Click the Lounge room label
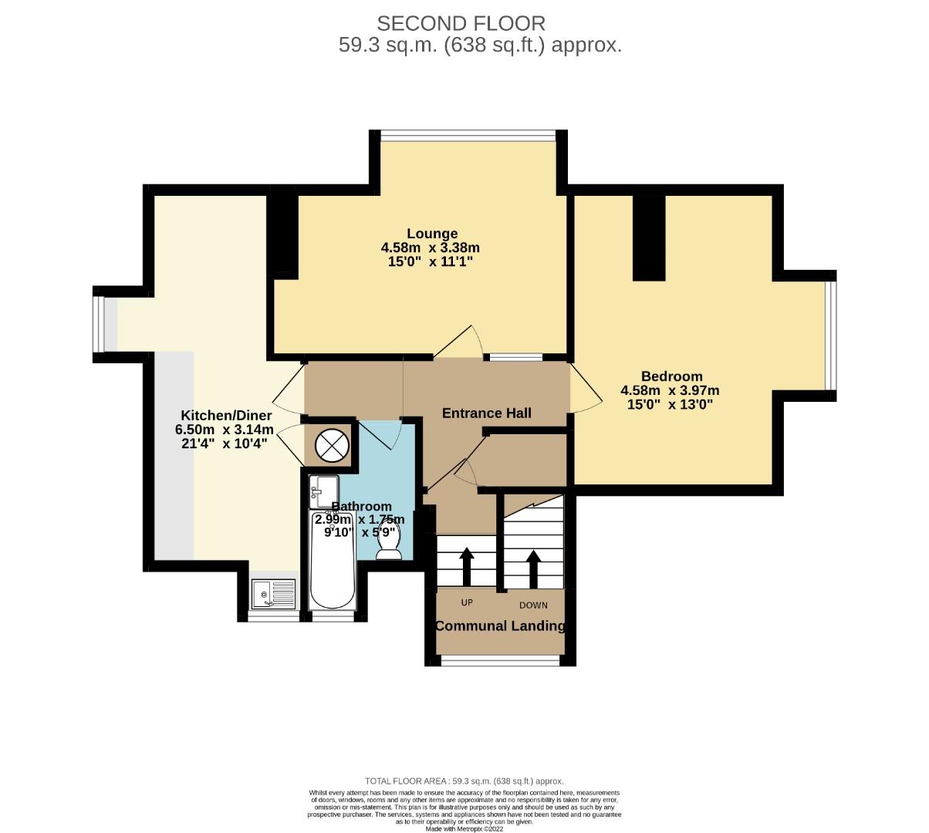click(x=432, y=234)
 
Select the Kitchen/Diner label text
click(x=225, y=415)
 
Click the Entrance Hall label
click(x=486, y=413)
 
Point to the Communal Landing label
click(x=500, y=626)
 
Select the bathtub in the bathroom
click(x=333, y=562)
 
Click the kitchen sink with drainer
click(x=273, y=595)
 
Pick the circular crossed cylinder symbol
click(x=331, y=446)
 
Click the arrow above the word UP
click(x=466, y=566)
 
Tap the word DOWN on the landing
click(x=533, y=605)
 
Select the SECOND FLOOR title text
click(x=461, y=23)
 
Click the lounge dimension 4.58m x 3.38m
click(x=431, y=248)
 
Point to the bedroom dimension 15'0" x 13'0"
click(x=670, y=403)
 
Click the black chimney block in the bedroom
click(x=649, y=238)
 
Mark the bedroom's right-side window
click(x=829, y=336)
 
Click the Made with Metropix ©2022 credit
click(x=464, y=828)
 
